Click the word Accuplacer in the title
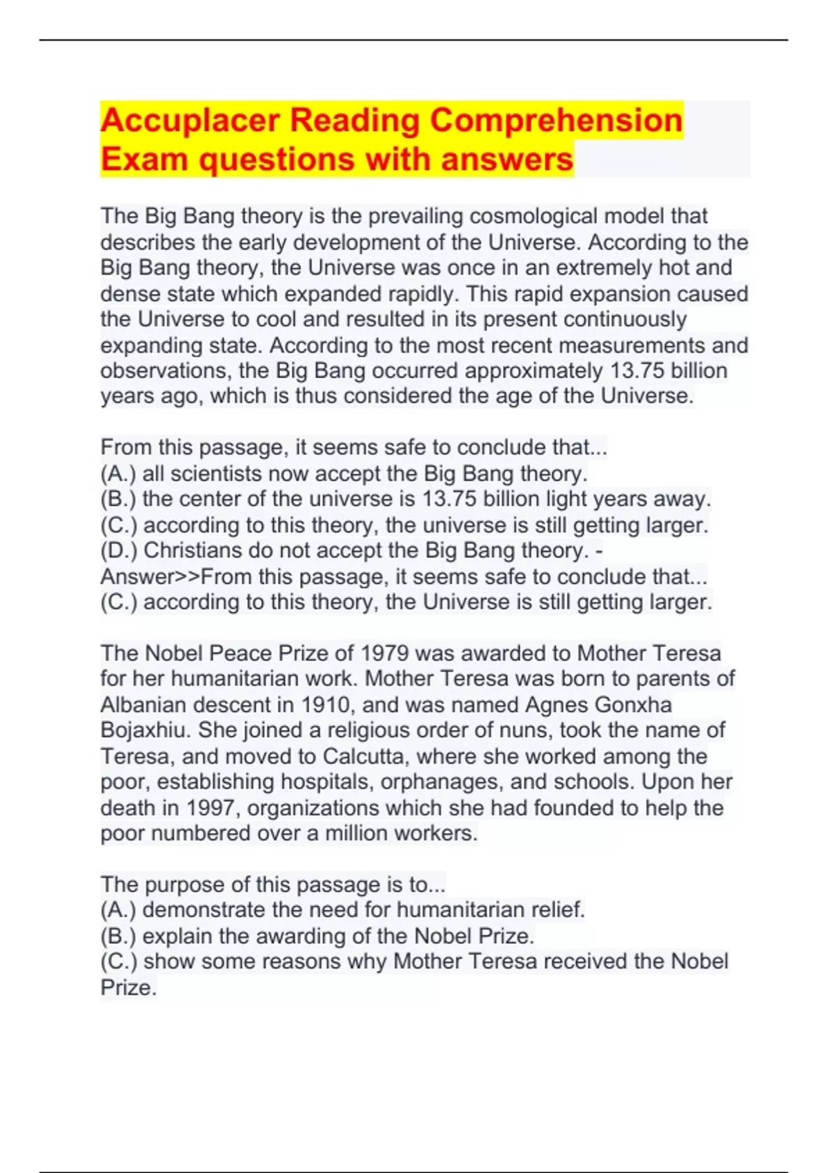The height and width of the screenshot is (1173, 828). (x=189, y=121)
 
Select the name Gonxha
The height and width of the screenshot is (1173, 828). (x=633, y=705)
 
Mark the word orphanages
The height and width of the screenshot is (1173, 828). (x=439, y=782)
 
